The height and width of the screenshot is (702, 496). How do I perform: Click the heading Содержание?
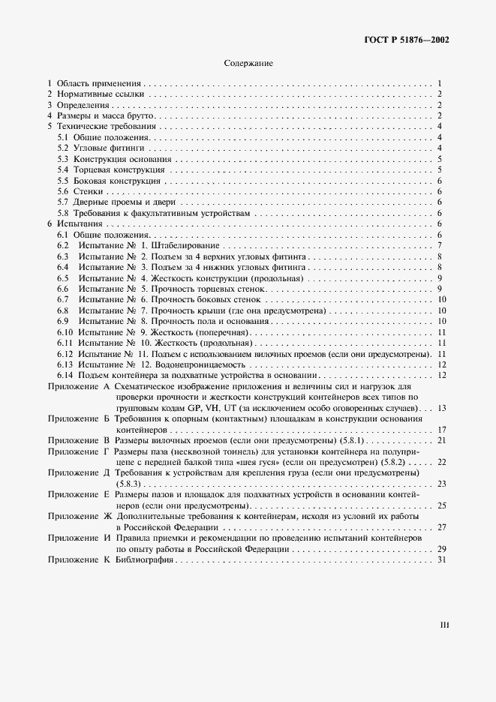pos(248,64)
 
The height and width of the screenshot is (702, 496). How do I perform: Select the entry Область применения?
pos(99,83)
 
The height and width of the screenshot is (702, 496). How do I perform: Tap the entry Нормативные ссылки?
pos(100,94)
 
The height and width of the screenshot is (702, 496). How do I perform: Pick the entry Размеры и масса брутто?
pos(104,116)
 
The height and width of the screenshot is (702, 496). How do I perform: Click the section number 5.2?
pos(64,148)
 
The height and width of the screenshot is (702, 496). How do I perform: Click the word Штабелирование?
pos(185,246)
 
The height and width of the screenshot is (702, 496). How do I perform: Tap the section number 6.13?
pos(66,364)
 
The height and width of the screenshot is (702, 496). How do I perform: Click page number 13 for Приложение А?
pos(443,407)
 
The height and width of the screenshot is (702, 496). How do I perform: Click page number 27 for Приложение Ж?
pos(443,527)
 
